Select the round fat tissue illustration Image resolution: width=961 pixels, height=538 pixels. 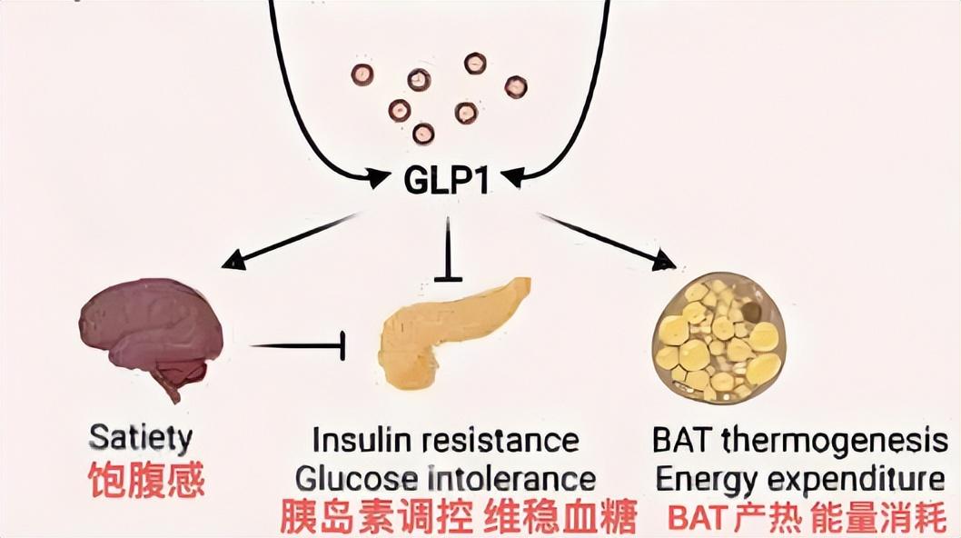(x=718, y=337)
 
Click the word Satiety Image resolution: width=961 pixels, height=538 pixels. (x=141, y=438)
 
